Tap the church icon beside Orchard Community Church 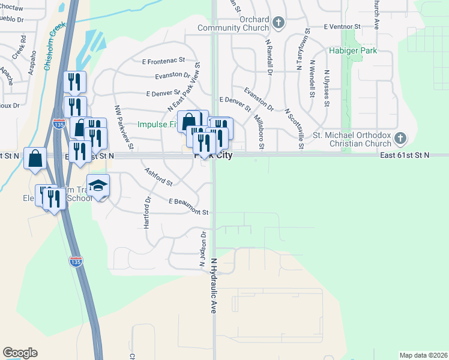(277, 23)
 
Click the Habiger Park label (353, 51)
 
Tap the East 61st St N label (405, 155)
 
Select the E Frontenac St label (164, 61)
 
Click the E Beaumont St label (188, 207)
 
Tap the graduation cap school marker (98, 186)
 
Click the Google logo (20, 353)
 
